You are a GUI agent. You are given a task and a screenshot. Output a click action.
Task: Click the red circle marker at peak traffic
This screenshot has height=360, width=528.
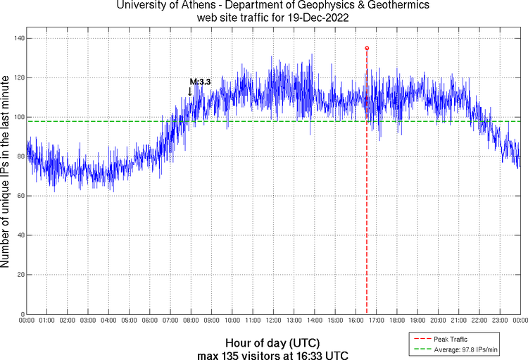tap(367, 48)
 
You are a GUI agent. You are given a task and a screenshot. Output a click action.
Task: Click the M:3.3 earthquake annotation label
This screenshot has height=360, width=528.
tap(200, 82)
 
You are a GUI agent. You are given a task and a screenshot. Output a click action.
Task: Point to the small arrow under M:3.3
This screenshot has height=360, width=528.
tap(189, 92)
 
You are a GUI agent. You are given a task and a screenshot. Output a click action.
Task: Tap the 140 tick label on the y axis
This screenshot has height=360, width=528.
tap(17, 38)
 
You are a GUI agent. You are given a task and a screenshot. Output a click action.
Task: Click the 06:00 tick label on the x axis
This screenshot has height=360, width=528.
tap(150, 321)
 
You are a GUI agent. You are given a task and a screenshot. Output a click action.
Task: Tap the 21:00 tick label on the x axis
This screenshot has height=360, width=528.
tap(458, 321)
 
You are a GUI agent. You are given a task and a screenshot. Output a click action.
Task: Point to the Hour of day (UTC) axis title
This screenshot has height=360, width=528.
tap(272, 340)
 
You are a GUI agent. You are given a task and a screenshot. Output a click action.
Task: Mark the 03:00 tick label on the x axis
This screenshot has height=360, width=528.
tap(88, 321)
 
